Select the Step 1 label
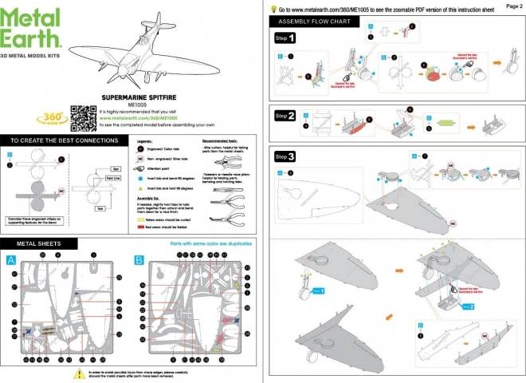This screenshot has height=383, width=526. (285, 38)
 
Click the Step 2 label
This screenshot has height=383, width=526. (285, 116)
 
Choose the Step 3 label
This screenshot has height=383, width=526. (285, 156)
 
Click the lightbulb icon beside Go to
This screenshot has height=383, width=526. (272, 8)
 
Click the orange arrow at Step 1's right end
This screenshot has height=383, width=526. (500, 61)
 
